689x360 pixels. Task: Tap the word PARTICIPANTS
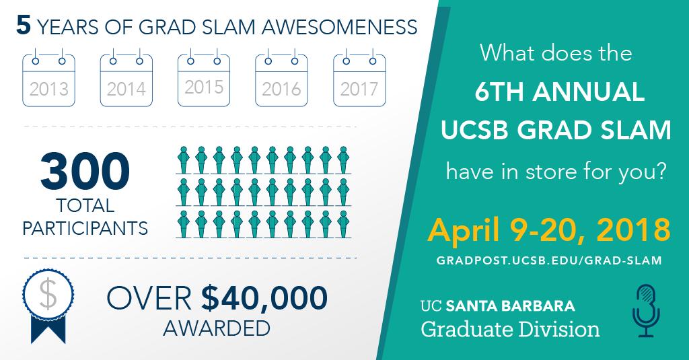(85, 227)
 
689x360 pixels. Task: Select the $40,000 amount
(264, 297)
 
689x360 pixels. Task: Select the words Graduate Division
(510, 329)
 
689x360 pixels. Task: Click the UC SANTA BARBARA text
(498, 306)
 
